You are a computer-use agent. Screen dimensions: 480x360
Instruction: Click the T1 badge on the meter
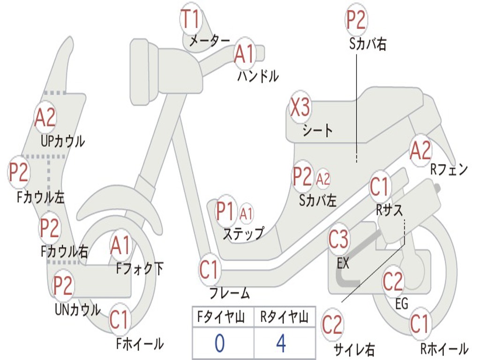coord(191,19)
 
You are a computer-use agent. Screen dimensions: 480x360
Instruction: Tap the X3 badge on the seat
coord(300,107)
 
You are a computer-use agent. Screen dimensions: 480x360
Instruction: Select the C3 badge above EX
coord(338,240)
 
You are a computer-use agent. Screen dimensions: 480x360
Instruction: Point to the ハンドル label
coord(258,76)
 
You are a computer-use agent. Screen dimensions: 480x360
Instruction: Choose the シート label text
coord(318,130)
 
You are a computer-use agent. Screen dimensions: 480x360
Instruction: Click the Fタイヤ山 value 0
coord(219,343)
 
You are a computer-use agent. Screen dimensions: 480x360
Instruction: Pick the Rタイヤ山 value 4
coord(281,343)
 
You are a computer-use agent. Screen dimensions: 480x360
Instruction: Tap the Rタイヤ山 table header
coord(285,317)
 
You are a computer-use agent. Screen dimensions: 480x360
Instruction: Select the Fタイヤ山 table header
coord(221,317)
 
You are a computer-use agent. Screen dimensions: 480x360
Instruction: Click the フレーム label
coord(230,293)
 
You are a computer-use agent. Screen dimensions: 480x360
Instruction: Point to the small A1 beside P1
coord(247,214)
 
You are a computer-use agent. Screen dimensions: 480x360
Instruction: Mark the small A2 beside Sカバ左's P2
coord(323,179)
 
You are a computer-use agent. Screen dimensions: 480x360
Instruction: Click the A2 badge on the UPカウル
coord(45,117)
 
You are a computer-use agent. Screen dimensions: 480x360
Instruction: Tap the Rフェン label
coord(449,169)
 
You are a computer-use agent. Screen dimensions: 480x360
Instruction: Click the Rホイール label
coord(444,349)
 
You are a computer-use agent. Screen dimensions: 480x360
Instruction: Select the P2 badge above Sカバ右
coord(356,20)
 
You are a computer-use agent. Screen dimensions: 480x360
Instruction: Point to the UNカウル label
coord(78,309)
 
